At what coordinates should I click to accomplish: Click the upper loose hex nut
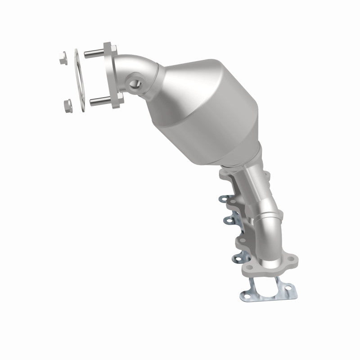pyautogui.click(x=63, y=58)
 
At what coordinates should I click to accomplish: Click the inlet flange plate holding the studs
pyautogui.click(x=112, y=76)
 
